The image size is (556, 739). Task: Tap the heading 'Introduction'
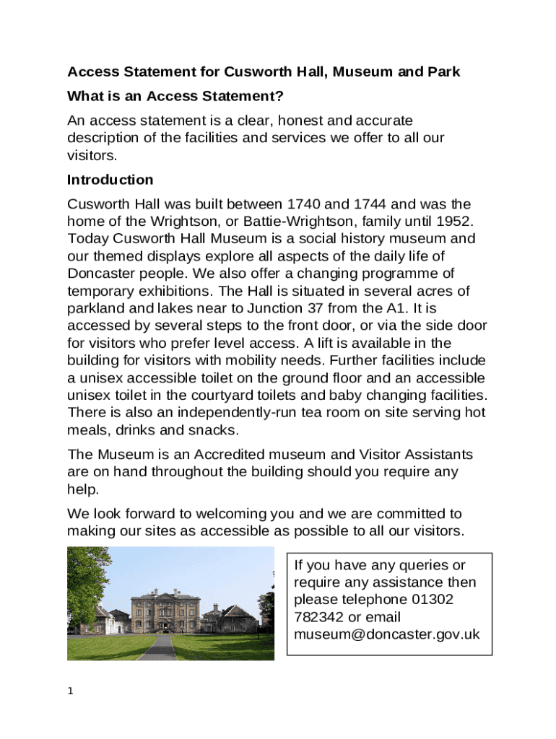tap(110, 180)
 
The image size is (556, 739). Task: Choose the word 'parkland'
tap(96, 308)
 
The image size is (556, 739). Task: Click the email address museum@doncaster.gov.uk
tap(387, 634)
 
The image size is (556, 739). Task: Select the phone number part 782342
tap(319, 617)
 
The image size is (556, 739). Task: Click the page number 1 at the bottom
tap(70, 691)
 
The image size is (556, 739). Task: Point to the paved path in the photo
tap(157, 648)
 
